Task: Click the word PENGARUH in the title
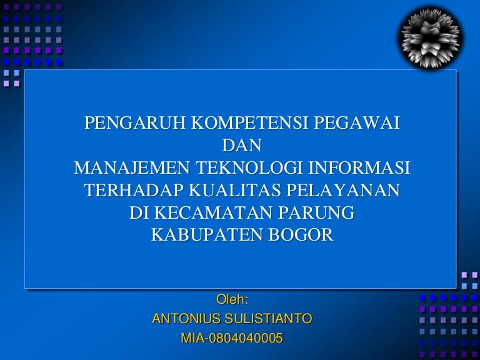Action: (x=135, y=123)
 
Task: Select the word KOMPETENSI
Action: (x=249, y=123)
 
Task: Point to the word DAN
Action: (x=242, y=146)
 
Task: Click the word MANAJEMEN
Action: (x=132, y=167)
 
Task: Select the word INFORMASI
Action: (x=359, y=167)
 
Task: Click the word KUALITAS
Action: (x=234, y=190)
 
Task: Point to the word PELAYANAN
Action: (x=343, y=190)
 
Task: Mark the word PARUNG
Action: (x=316, y=212)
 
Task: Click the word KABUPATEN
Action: (x=207, y=235)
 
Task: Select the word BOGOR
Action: (x=301, y=235)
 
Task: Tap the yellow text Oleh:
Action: (x=232, y=299)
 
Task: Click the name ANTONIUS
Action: (x=186, y=319)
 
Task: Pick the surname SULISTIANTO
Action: (x=268, y=319)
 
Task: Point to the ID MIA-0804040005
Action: (x=232, y=338)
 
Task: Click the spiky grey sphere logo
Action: (x=431, y=38)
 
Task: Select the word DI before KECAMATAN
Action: (x=139, y=212)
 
